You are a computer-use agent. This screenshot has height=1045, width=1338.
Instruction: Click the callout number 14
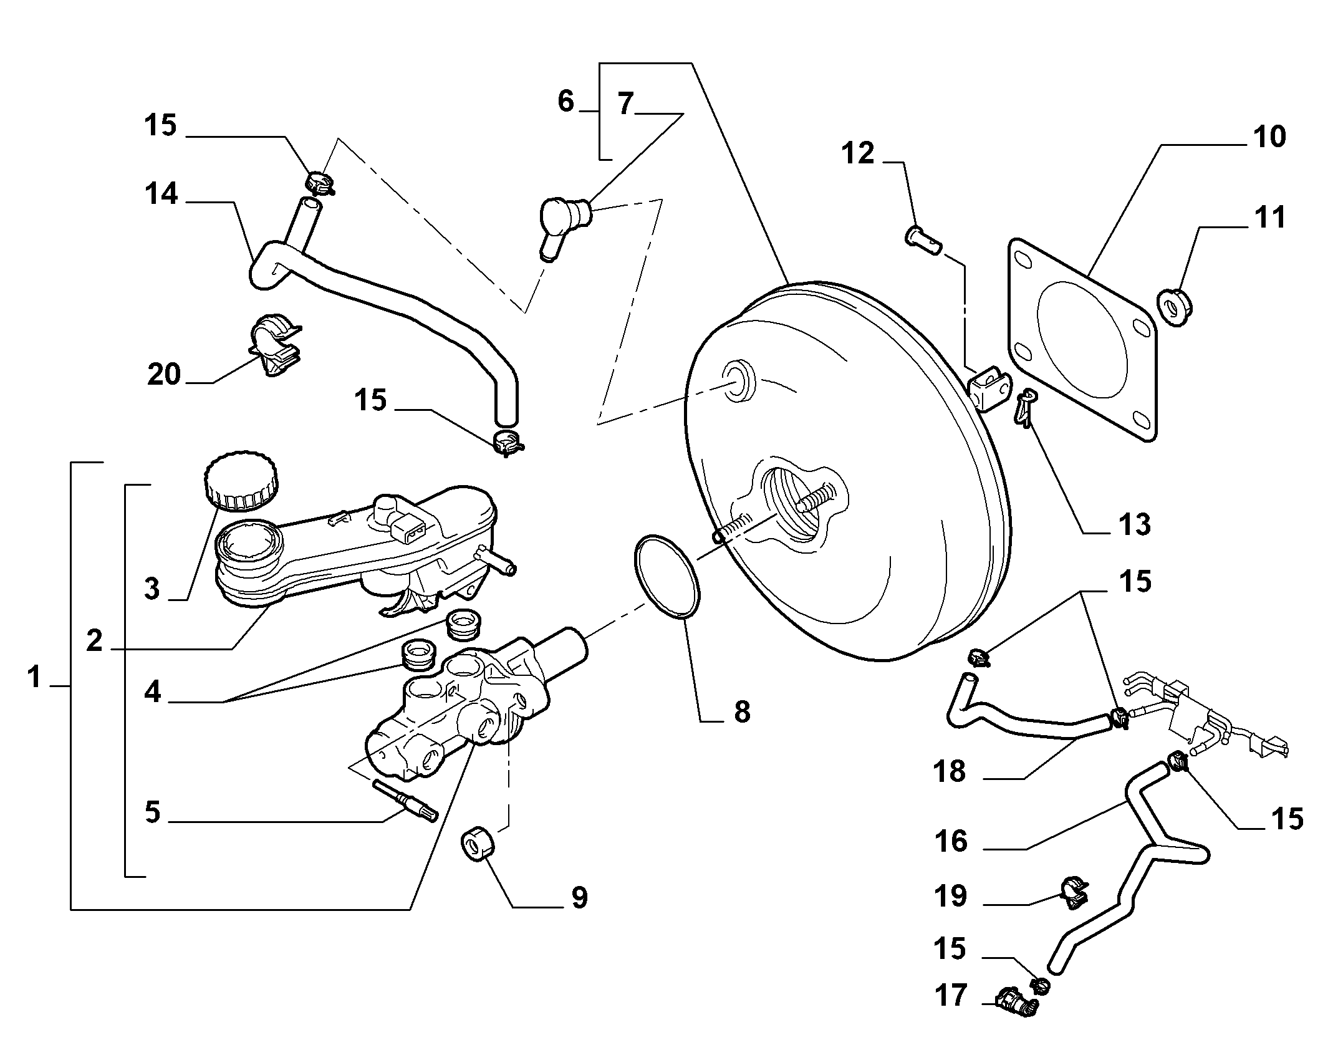click(161, 195)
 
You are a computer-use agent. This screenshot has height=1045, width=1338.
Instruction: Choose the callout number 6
click(566, 102)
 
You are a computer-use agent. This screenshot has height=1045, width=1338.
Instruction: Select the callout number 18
click(950, 772)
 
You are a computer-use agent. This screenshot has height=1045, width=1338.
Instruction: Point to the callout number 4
click(152, 692)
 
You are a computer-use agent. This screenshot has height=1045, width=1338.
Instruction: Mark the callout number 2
click(94, 640)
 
